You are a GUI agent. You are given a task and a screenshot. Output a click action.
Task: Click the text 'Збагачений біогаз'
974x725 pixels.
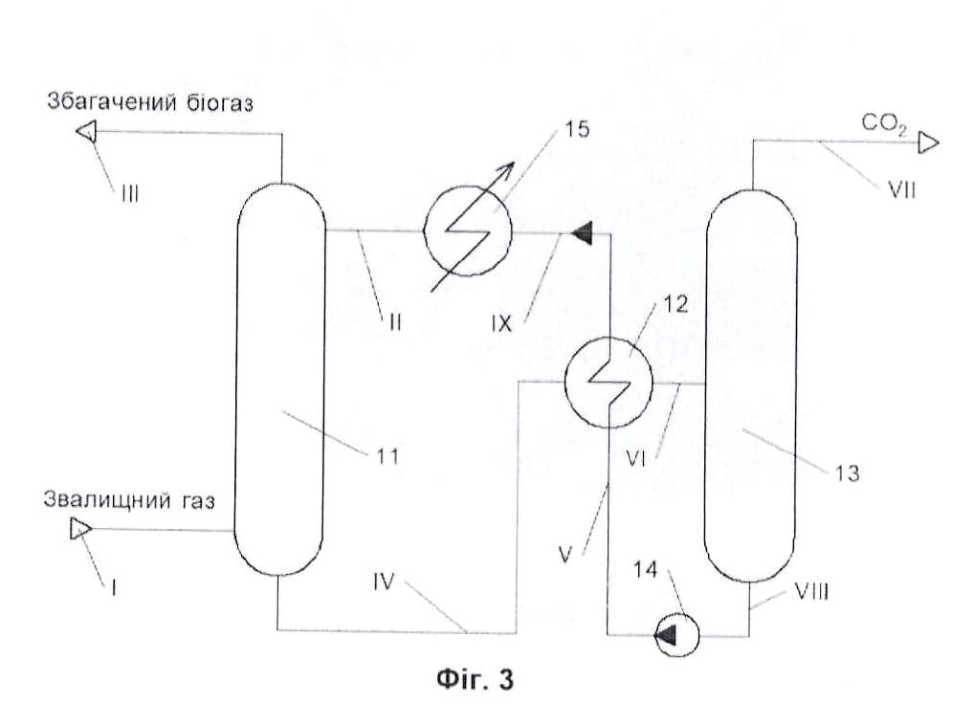[150, 103]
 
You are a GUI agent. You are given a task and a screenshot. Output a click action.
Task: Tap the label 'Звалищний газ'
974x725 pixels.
[129, 500]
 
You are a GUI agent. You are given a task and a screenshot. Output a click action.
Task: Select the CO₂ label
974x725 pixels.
[884, 124]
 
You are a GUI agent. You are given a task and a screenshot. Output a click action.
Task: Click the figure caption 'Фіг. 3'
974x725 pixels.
[476, 679]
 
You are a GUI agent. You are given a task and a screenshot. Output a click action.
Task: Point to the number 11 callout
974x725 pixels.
[387, 457]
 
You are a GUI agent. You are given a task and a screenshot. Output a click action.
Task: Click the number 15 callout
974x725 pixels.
[576, 129]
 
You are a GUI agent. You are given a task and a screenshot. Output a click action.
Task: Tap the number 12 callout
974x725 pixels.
[675, 304]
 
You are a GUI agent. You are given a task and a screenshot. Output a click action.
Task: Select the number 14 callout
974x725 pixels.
[645, 569]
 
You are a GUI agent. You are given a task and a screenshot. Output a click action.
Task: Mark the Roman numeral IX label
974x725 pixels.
[501, 323]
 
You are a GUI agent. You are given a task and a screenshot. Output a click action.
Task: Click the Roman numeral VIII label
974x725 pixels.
[811, 591]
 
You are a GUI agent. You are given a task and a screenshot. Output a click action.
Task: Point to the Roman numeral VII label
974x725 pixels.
[902, 189]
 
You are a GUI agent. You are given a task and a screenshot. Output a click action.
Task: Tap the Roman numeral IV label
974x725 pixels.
[384, 582]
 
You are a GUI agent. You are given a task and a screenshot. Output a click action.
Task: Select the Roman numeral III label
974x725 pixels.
[130, 194]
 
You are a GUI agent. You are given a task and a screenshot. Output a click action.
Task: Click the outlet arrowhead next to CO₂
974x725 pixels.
[928, 143]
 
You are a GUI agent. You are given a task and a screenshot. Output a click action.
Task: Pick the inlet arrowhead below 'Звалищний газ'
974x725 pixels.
[80, 529]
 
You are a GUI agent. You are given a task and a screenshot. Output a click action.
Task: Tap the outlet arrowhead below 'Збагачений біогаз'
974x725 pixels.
[86, 132]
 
